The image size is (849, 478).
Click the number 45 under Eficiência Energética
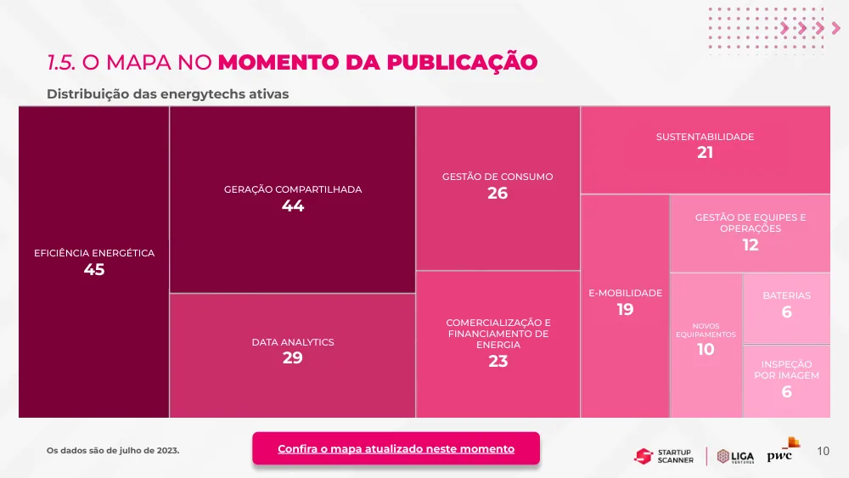94,270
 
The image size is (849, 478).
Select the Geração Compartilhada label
293,189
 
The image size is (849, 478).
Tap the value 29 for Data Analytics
292,357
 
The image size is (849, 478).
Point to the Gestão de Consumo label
498,177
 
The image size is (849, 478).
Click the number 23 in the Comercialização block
498,361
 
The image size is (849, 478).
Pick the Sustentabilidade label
705,137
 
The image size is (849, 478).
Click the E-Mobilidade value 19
626,309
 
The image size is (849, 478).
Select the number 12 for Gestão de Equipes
751,245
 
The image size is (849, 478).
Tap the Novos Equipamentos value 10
706,350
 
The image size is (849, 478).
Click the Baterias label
787,295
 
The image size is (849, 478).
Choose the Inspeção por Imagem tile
787,382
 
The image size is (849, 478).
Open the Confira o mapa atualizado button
396,448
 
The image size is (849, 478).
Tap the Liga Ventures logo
735,456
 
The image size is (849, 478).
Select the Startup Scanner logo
664,456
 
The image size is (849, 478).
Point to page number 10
823,451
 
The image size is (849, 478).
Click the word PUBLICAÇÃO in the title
462,62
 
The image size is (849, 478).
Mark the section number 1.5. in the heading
60,63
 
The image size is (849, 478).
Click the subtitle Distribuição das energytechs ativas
168,94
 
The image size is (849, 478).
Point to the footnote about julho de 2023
113,450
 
